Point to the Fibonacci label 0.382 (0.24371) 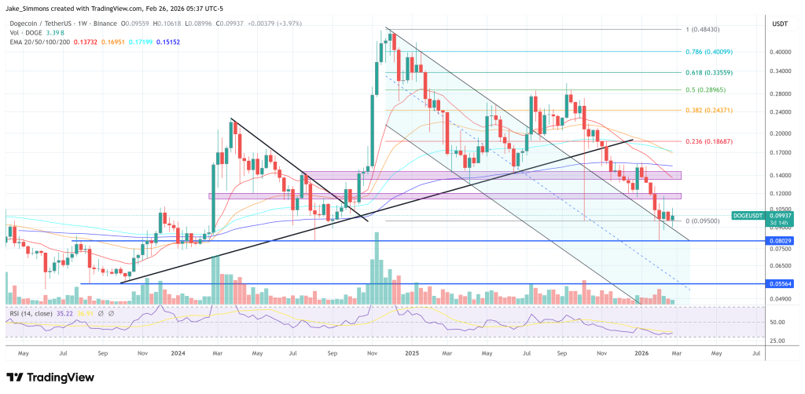tap(717, 110)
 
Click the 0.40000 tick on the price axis tap(780, 52)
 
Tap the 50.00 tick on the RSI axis tap(778, 322)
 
